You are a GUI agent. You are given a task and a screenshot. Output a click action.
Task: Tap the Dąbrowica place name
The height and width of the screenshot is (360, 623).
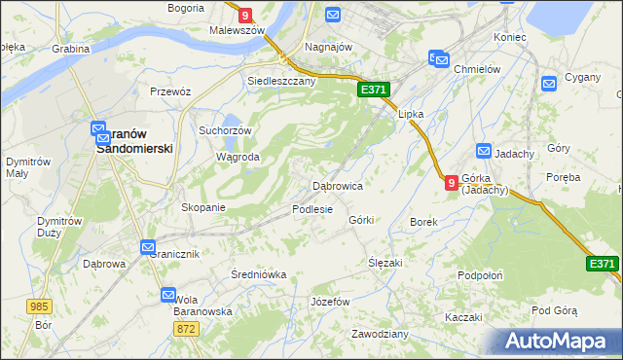click(x=337, y=185)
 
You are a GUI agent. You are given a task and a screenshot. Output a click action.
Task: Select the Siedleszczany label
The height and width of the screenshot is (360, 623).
click(x=281, y=82)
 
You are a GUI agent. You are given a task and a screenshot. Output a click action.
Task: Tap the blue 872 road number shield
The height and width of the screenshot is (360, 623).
click(x=188, y=330)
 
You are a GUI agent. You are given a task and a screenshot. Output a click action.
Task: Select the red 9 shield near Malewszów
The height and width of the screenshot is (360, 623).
click(x=245, y=15)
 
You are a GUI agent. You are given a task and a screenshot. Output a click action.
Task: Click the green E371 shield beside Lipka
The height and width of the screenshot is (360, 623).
click(x=374, y=90)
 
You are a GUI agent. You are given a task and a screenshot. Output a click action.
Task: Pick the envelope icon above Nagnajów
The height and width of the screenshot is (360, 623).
click(x=333, y=15)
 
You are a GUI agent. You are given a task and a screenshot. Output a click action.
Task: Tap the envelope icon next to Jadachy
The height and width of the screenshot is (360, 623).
click(x=485, y=150)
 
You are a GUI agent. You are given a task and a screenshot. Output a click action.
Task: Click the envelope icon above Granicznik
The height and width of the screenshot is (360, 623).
click(x=147, y=247)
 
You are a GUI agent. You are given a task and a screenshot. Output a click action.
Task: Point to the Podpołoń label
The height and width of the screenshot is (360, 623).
click(x=479, y=275)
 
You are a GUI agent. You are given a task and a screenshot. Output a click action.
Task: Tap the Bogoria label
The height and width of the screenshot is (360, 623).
click(x=185, y=7)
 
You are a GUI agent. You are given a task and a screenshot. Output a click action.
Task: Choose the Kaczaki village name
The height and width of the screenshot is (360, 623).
click(x=463, y=318)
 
